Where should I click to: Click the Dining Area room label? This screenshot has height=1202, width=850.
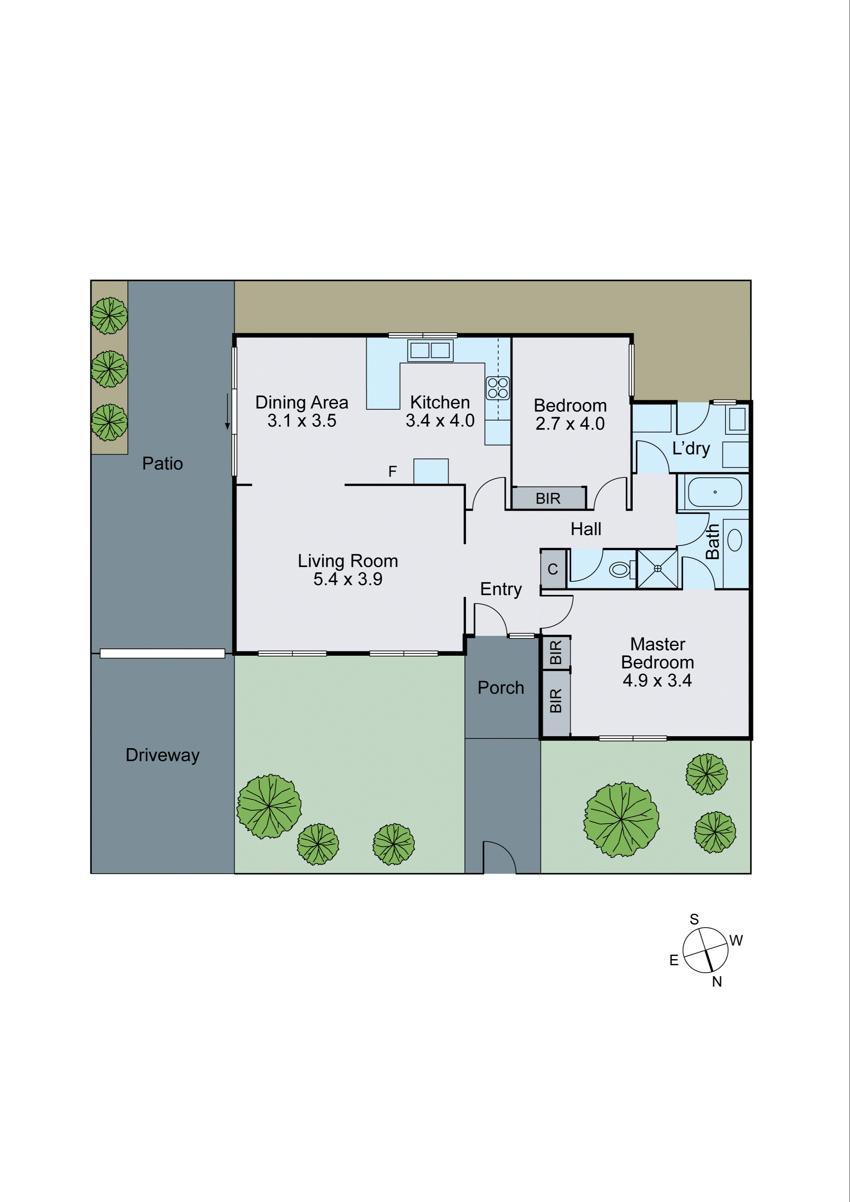tap(302, 403)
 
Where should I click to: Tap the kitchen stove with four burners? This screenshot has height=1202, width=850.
tap(498, 388)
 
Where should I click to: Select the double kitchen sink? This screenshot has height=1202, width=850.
tap(430, 350)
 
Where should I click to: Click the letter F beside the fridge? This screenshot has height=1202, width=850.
tap(393, 472)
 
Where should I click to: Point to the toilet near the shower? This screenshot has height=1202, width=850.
tap(620, 569)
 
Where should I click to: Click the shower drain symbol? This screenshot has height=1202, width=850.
tap(658, 568)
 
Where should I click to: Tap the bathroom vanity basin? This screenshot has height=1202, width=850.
tap(734, 540)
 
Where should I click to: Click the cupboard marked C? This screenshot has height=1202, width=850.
tap(553, 569)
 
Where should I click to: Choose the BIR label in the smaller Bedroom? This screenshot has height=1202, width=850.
tap(548, 498)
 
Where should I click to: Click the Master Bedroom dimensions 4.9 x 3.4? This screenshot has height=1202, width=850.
tap(658, 681)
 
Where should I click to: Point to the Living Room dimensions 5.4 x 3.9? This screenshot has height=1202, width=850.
tap(348, 579)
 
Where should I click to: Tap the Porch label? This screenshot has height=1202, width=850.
tap(501, 687)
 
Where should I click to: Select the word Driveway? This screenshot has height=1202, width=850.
tap(162, 755)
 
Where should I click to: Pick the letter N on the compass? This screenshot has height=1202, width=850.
tap(717, 982)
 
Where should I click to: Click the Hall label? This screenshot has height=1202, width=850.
tap(586, 529)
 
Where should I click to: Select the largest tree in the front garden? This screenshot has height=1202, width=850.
tap(621, 820)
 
